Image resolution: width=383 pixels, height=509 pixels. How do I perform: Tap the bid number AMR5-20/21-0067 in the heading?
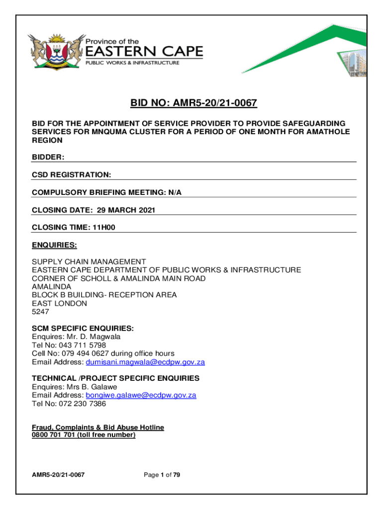point(214,104)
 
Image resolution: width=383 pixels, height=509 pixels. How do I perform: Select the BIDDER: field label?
point(48,157)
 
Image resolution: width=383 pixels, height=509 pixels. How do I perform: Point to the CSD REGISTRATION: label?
point(72,175)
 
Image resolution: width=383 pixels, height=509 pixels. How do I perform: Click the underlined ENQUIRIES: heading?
point(54,245)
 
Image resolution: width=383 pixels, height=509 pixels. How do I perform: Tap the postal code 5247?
point(41,312)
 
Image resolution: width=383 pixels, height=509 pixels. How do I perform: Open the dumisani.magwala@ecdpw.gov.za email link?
point(145,362)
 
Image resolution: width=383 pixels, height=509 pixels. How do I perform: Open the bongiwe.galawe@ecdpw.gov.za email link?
point(141,395)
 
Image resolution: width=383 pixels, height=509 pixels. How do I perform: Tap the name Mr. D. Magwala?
point(94,337)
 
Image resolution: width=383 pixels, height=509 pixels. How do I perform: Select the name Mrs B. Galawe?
point(93,387)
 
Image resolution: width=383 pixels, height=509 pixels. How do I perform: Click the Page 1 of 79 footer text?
point(162,475)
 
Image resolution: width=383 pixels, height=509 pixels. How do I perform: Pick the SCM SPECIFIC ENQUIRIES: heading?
point(83,328)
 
